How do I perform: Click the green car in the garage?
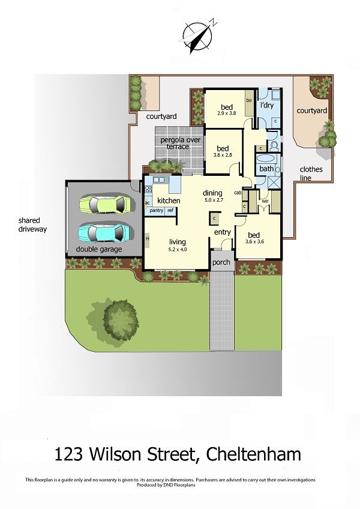tap(105, 204)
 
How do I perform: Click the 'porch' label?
tap(221, 262)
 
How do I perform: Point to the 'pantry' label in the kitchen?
tap(157, 211)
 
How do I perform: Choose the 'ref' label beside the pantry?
tap(170, 210)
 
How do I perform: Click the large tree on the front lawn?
tap(121, 320)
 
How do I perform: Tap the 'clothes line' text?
tap(311, 173)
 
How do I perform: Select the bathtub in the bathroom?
tap(266, 159)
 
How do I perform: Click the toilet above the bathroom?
tap(274, 145)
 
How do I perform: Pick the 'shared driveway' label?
tap(32, 224)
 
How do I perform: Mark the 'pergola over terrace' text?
tap(180, 143)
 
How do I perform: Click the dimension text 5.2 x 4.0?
tap(177, 250)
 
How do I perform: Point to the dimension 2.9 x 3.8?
tap(227, 113)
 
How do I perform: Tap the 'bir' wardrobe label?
tap(250, 101)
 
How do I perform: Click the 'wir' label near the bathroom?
tap(265, 201)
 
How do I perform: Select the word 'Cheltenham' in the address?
tap(254, 454)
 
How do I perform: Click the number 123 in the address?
tap(68, 454)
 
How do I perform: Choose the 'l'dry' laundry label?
tap(267, 105)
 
